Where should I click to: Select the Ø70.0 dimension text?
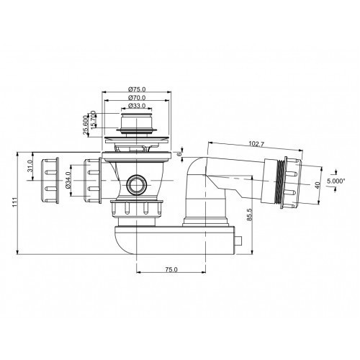[139, 97]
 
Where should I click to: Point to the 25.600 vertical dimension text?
[87, 124]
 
